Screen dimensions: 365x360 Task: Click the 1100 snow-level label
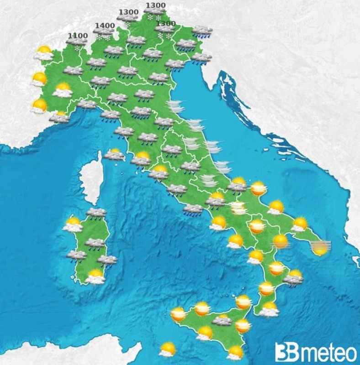tap(78, 35)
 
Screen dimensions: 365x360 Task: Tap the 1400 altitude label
tap(105, 26)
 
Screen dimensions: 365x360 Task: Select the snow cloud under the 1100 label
tap(77, 42)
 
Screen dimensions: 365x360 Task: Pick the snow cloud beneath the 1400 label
tap(104, 33)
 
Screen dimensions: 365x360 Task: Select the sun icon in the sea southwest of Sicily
tap(168, 349)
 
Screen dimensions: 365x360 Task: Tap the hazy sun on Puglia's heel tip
tap(320, 248)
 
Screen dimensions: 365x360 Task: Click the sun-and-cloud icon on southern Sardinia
tap(95, 276)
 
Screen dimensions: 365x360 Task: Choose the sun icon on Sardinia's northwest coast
tap(73, 224)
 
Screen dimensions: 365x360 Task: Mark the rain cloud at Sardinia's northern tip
tap(96, 213)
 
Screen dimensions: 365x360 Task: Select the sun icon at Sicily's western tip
tap(178, 314)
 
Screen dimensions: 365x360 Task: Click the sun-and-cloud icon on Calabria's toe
tap(270, 310)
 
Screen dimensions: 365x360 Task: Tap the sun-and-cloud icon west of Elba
tap(114, 155)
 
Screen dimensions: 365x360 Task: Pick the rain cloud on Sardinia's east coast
tap(107, 260)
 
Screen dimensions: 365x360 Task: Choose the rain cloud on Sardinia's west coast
tap(76, 255)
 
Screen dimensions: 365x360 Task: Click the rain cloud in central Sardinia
tap(95, 243)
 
